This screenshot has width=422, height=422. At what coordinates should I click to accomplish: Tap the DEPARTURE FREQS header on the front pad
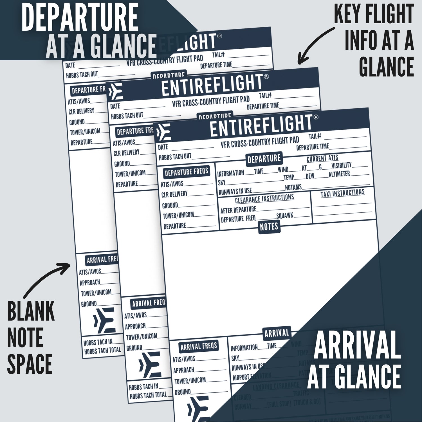187,172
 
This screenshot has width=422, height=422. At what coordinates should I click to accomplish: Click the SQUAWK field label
285,216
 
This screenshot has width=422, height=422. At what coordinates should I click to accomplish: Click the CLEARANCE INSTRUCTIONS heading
264,199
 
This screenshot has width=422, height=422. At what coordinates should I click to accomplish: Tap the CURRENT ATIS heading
322,158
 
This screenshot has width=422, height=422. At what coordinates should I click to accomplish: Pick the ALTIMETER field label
339,174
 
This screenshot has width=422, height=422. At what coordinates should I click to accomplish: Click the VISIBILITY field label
342,165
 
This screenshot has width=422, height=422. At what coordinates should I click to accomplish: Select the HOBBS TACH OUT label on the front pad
175,157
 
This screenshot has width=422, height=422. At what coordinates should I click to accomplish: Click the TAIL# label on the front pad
315,136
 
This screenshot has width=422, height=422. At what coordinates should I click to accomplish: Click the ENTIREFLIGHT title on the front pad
261,125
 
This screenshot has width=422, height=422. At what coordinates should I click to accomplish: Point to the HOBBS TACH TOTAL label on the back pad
102,351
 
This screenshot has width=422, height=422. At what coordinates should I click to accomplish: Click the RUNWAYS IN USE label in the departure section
235,192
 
